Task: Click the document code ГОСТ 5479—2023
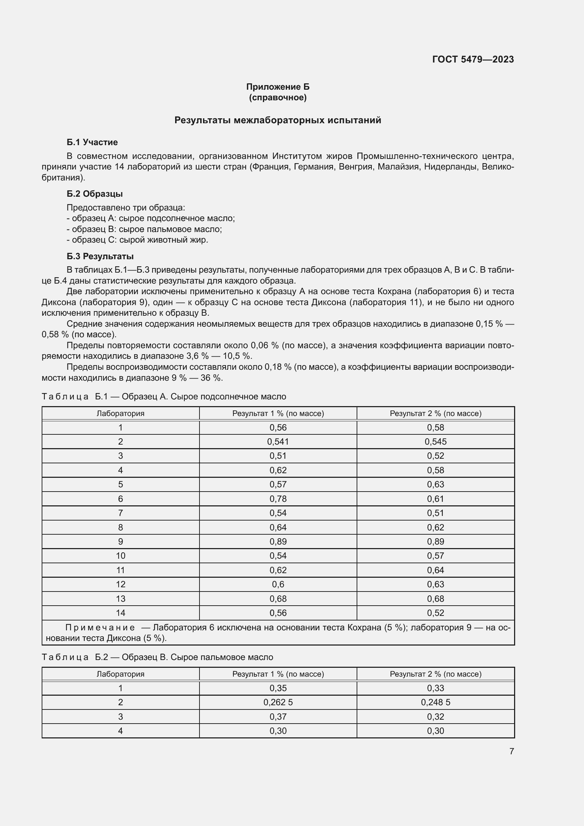tap(473, 59)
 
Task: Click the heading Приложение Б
tap(278, 87)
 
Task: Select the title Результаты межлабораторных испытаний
tap(278, 120)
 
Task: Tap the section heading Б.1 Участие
tap(92, 142)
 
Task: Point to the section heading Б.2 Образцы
tap(95, 194)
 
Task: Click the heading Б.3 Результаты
tap(100, 256)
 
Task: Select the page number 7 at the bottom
tap(511, 751)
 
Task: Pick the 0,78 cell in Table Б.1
tap(278, 499)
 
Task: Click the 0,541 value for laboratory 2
tap(278, 441)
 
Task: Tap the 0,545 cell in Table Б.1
tap(435, 441)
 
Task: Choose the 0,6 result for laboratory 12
tap(278, 584)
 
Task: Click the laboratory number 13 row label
tap(120, 599)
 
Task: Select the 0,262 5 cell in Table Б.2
tap(278, 702)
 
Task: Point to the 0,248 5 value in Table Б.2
tap(435, 702)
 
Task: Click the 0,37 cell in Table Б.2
tap(278, 717)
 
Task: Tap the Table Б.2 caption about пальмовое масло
tap(157, 657)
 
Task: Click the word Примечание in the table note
tap(100, 628)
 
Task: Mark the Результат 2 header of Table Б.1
tap(435, 414)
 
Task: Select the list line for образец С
tap(137, 239)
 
